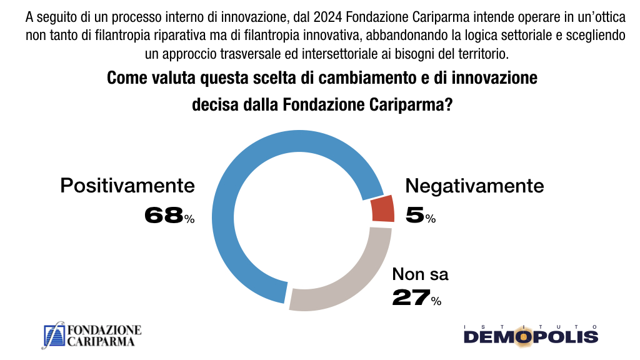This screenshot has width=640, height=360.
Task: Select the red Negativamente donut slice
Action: tap(382, 209)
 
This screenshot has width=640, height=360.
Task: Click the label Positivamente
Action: tap(127, 186)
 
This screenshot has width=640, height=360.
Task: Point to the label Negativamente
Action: tap(474, 186)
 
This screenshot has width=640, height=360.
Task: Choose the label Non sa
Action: tap(420, 274)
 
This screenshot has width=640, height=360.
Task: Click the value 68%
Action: tap(169, 216)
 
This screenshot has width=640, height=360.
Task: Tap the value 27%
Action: tap(416, 298)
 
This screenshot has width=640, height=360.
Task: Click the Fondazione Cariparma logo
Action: tap(92, 336)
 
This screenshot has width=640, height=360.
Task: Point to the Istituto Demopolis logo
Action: tap(531, 335)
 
